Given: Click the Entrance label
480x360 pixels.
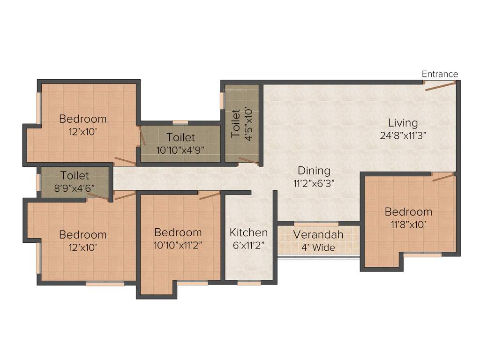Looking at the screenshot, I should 440,74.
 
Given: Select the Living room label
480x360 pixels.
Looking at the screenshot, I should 403,123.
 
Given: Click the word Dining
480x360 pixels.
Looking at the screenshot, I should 314,171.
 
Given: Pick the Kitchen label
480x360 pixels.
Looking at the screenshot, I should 248,232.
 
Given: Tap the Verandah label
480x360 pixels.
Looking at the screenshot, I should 318,234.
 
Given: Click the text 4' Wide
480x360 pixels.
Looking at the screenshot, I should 318,247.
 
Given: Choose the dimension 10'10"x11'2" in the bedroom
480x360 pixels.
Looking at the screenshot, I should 178,244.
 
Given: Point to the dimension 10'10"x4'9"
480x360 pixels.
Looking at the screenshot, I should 180,150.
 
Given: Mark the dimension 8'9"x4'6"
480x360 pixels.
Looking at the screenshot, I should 75,187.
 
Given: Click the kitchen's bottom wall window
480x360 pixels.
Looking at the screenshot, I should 249,283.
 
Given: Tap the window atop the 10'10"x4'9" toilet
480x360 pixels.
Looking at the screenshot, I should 180,123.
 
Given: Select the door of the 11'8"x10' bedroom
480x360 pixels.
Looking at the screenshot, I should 443,177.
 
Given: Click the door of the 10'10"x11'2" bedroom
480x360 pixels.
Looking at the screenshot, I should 210,195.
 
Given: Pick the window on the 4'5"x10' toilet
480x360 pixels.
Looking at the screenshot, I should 222,100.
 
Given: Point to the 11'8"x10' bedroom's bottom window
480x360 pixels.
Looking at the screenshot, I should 422,255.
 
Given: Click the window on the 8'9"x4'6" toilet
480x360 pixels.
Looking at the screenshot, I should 38,182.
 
